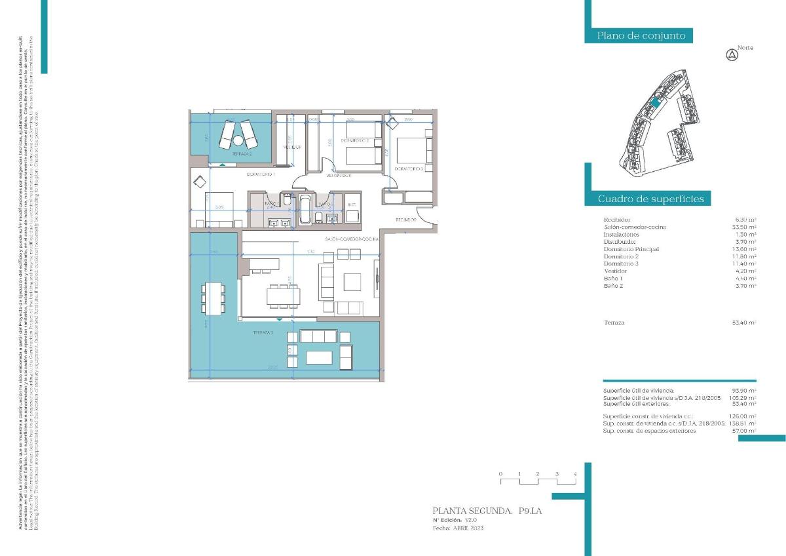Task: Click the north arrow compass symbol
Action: pyautogui.click(x=732, y=56)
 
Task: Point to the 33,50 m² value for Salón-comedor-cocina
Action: pyautogui.click(x=746, y=227)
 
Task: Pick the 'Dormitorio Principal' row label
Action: pyautogui.click(x=631, y=249)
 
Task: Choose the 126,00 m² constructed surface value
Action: pyautogui.click(x=746, y=416)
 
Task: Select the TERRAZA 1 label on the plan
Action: pyautogui.click(x=262, y=333)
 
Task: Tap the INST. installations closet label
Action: pyautogui.click(x=351, y=205)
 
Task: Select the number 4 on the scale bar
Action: pyautogui.click(x=574, y=473)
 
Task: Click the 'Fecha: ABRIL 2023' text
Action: pyautogui.click(x=459, y=527)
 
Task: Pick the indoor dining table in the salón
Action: pyautogui.click(x=283, y=297)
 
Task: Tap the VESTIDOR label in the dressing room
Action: pyautogui.click(x=291, y=147)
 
